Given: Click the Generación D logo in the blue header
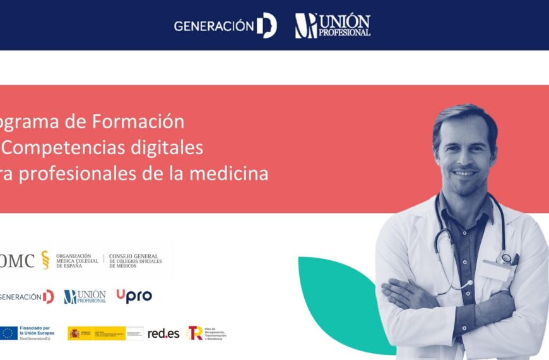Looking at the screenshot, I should point(225,26).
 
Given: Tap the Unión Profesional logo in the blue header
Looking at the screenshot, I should point(333,26).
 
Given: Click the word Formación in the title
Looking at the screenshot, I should point(138,121).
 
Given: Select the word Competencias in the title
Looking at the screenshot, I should point(64,147).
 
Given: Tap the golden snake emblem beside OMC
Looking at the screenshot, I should point(45,260).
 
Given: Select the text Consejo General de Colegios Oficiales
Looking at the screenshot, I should point(135,261).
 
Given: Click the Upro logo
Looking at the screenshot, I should point(134,296).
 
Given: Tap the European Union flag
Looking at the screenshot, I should point(9,333).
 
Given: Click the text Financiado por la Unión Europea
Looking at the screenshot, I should point(37,333).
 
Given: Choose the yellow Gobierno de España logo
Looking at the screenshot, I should point(97,333).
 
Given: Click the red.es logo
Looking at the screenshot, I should point(163,333).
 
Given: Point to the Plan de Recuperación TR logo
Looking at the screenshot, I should point(205,333).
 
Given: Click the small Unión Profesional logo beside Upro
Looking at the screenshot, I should point(85,296).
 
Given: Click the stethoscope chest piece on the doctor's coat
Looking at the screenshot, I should point(506,257).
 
